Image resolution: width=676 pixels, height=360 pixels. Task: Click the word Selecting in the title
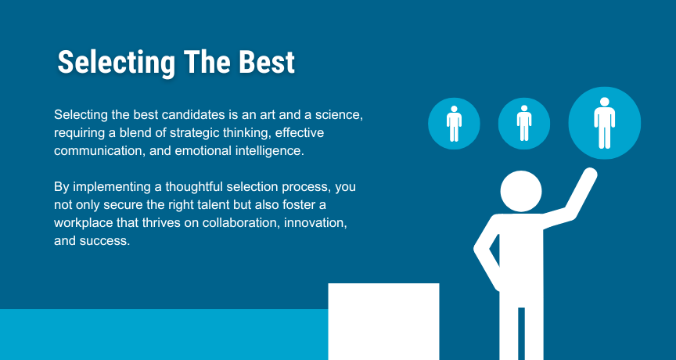click(x=117, y=63)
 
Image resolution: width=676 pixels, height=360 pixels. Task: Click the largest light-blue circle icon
click(x=605, y=124)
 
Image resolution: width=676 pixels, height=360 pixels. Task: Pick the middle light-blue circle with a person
click(x=523, y=124)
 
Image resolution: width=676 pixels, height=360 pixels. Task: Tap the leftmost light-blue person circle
click(x=454, y=124)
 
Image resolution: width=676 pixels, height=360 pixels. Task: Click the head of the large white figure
click(x=521, y=192)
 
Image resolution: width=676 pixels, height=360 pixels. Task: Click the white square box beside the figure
click(x=383, y=322)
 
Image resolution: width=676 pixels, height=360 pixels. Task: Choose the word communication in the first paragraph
click(x=99, y=151)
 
